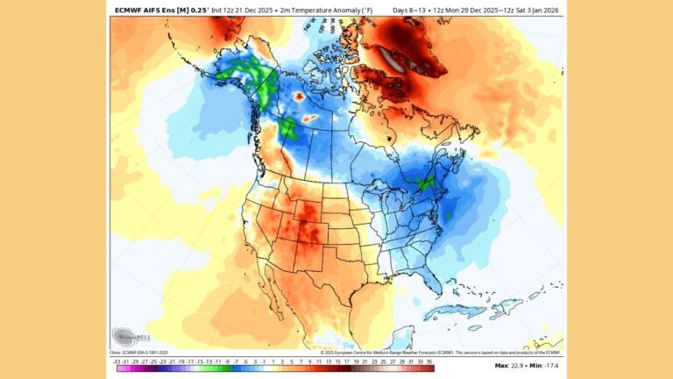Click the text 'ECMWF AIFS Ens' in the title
click(145, 10)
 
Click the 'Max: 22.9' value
click(511, 365)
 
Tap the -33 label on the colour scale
click(116, 360)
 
